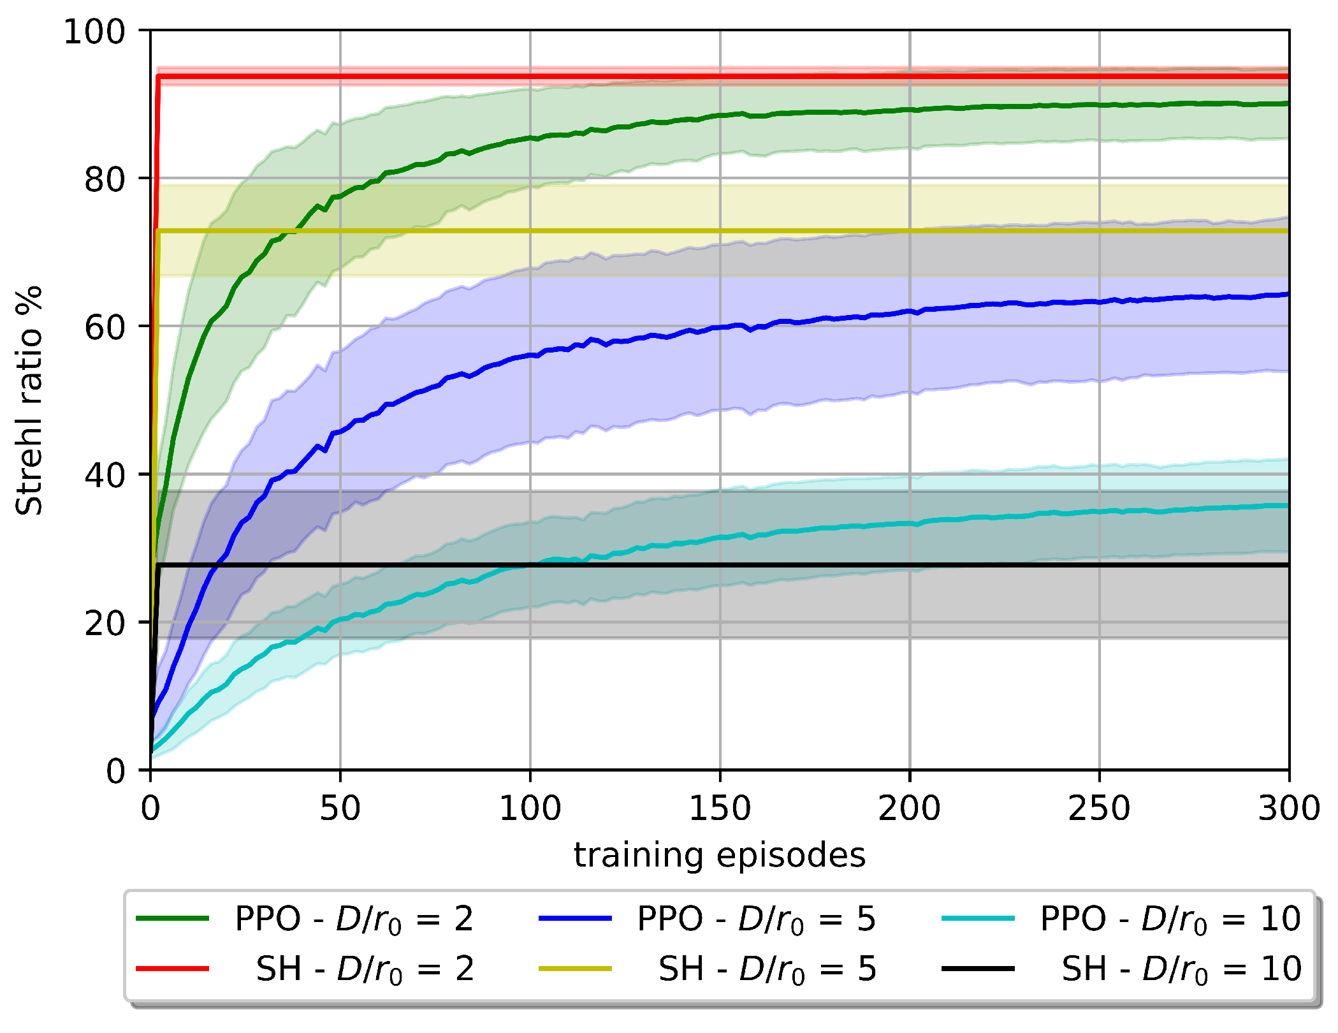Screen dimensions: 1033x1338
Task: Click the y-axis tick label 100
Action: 94,31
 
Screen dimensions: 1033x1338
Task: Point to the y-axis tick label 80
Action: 105,179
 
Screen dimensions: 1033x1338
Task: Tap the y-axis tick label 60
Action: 105,327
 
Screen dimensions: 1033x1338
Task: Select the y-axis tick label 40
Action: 105,475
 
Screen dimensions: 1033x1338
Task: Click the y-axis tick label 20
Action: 105,623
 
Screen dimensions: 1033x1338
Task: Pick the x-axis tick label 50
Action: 340,808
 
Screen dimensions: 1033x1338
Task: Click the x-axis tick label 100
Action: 530,808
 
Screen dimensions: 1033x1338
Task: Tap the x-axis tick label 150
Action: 720,808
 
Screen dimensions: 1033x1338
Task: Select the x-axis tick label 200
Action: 909,808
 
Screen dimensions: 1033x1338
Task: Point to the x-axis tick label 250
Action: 1099,808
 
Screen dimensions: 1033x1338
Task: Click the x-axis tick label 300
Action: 1288,808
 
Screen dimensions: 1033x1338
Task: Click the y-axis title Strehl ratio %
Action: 29,400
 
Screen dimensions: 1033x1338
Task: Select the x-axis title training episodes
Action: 720,855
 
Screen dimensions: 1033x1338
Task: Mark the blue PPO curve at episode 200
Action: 910,311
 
